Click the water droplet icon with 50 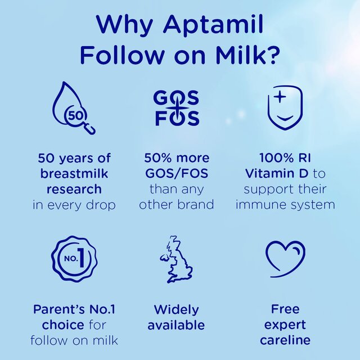(73, 111)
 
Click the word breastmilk (74, 173)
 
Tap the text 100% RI (285, 157)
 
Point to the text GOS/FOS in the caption (177, 173)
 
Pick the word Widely (176, 309)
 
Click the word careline (285, 340)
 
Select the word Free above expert (285, 309)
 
